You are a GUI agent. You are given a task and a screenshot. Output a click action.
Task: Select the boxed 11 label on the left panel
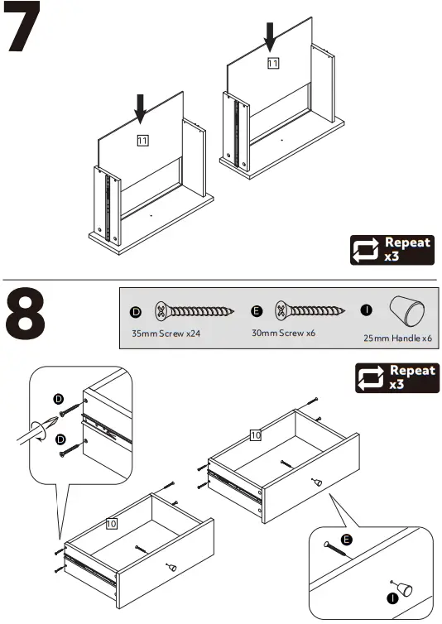click(x=142, y=141)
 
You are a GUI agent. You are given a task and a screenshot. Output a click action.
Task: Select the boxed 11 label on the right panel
click(x=273, y=63)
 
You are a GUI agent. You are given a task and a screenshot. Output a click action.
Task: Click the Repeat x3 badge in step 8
click(x=396, y=377)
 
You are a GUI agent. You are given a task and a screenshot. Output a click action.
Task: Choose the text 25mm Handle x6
click(x=398, y=338)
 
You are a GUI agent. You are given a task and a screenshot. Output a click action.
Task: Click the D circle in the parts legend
click(x=136, y=312)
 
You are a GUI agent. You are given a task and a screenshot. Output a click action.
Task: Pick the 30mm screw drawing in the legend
click(x=311, y=312)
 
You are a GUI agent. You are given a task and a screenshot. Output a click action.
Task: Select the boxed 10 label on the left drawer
click(x=110, y=524)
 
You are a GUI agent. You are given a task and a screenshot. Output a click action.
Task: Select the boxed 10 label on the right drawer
click(x=255, y=434)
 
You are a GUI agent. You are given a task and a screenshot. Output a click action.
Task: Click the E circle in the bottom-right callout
click(x=347, y=539)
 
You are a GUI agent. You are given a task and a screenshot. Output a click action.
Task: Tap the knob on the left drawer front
click(x=171, y=568)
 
